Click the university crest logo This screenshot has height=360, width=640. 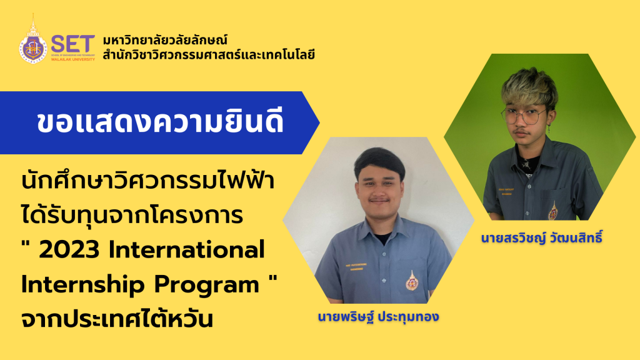32,44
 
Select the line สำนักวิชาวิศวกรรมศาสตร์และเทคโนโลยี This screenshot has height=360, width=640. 209,54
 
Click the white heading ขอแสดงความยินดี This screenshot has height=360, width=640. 160,122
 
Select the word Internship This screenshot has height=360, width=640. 80,284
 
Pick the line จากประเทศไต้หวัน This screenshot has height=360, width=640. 118,318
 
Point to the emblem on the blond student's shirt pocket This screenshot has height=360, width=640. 552,211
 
